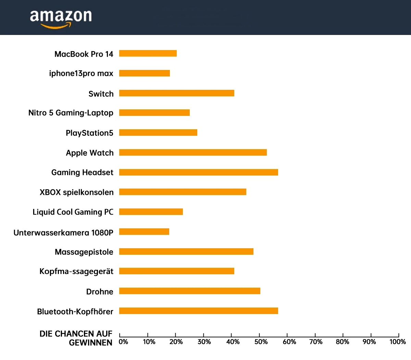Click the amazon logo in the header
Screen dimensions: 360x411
[x=61, y=19]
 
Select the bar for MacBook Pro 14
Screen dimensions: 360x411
[x=148, y=53]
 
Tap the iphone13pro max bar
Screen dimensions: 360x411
[x=145, y=73]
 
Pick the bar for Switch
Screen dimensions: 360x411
[x=177, y=93]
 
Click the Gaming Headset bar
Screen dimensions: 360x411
[x=199, y=172]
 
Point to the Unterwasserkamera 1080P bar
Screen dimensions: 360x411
[x=144, y=232]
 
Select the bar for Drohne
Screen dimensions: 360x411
[x=190, y=291]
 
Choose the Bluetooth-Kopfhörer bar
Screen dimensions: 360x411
[x=199, y=311]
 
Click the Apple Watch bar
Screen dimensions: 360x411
[x=193, y=153]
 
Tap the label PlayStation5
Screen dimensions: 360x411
[x=89, y=133]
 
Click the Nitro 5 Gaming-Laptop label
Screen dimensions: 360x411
[x=71, y=113]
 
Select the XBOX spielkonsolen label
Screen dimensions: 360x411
[x=77, y=192]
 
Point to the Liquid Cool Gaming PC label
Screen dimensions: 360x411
[x=73, y=212]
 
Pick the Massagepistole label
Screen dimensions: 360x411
[x=84, y=252]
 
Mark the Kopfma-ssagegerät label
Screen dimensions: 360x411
[x=76, y=272]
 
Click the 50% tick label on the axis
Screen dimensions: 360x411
[x=261, y=342]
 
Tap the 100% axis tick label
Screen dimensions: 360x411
[x=397, y=342]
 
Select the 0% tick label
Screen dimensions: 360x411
[x=123, y=342]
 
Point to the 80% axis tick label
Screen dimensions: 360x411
[x=342, y=342]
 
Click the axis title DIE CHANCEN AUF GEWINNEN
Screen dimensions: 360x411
[x=76, y=338]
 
